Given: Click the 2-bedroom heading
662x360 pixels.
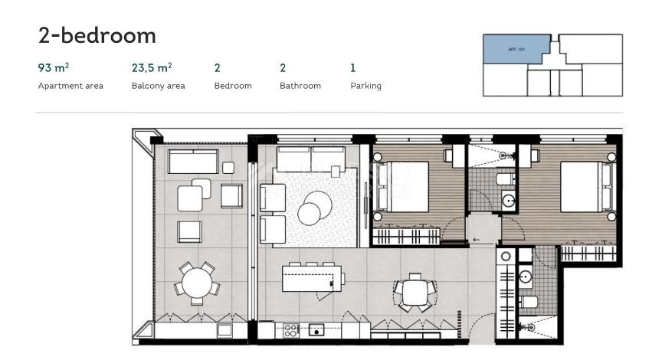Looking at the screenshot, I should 97,35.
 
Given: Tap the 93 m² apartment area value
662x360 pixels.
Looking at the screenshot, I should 54,68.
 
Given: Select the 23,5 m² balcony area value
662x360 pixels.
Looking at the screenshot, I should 152,68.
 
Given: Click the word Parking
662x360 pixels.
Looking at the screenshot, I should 365,86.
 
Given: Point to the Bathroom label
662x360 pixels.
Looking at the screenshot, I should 300,86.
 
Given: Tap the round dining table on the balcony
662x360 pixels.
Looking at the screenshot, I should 197,283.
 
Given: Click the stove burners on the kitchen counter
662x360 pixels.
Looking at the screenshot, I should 292,331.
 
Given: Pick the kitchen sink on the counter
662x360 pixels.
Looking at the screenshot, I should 316,331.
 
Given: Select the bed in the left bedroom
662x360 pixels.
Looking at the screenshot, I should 401,187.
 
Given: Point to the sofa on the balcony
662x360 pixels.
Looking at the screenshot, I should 192,162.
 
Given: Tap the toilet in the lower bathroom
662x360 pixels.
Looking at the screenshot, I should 529,303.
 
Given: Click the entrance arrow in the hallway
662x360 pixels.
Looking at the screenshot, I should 477,240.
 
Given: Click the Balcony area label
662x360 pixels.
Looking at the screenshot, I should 158,86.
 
